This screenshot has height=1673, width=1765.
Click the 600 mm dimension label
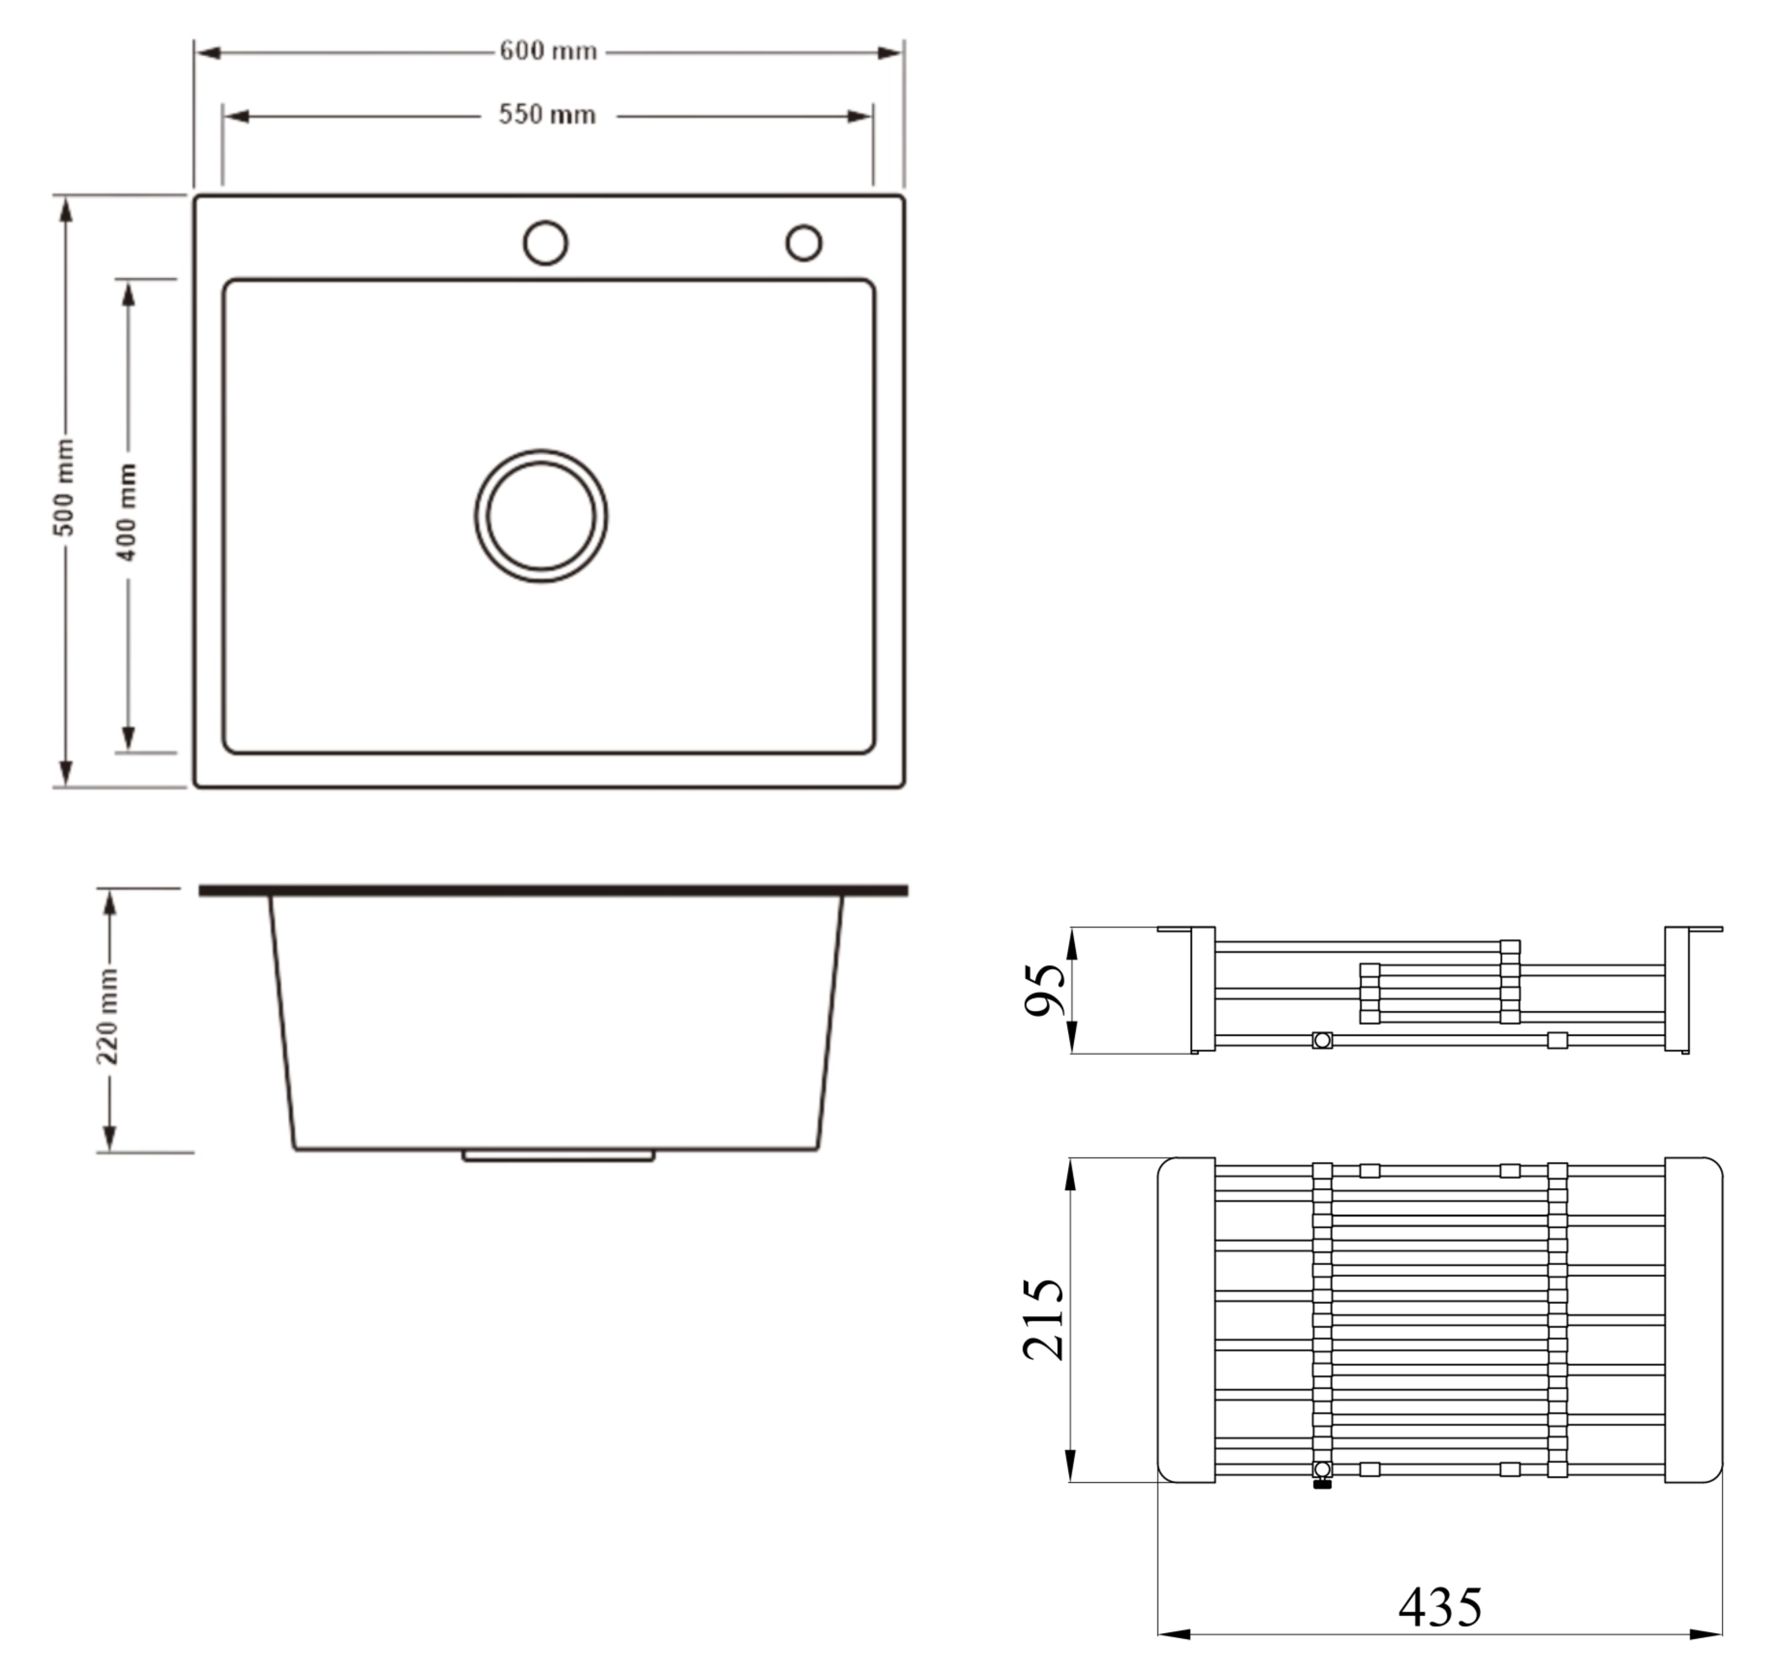pos(547,51)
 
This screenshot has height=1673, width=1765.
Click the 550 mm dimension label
pos(546,115)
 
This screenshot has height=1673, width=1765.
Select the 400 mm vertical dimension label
pos(128,511)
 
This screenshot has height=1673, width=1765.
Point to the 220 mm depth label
pos(107,1016)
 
